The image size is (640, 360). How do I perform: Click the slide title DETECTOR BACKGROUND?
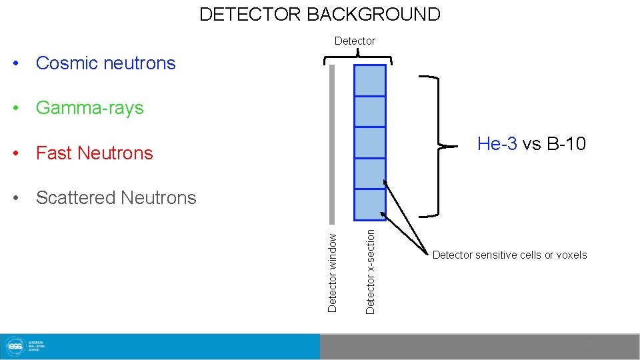[x=320, y=14]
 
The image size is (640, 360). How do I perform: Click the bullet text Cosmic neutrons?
[x=105, y=63]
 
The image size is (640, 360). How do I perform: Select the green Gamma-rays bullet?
[x=89, y=108]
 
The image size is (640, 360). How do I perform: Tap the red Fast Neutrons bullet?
[x=94, y=153]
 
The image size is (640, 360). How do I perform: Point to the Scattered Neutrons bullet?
[x=116, y=198]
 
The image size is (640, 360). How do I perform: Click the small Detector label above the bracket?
[x=355, y=41]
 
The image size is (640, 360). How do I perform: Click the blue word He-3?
[x=497, y=144]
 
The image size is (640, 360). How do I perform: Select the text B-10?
[x=566, y=144]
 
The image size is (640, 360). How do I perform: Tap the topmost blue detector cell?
[x=370, y=80]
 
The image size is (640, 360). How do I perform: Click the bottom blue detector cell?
[x=370, y=205]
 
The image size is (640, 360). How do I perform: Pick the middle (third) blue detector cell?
[x=370, y=142]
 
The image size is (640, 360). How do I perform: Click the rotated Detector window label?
[x=333, y=270]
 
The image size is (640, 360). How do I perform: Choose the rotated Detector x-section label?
[x=371, y=271]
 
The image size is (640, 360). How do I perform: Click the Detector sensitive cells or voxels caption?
[x=509, y=255]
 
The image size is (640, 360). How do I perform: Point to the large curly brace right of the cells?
[x=437, y=146]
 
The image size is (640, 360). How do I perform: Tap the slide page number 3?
[x=589, y=343]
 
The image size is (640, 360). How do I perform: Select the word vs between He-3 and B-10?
[x=531, y=144]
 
